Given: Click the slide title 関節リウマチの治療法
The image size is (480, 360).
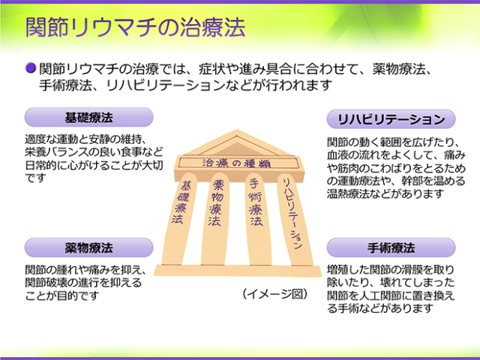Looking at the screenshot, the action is (135, 27).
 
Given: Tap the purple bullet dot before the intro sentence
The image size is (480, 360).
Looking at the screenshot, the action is (31, 68).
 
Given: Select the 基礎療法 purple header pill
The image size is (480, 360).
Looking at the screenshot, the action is (88, 117).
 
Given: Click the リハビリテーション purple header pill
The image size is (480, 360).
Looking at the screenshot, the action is (391, 119).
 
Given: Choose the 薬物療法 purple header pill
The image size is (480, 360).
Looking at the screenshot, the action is (88, 247).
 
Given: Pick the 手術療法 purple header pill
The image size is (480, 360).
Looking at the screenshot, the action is (391, 247).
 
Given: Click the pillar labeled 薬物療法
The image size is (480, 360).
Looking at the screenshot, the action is (215, 219).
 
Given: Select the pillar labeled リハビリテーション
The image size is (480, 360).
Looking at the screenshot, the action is (294, 219).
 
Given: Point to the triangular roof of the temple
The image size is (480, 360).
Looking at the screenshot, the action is (236, 143).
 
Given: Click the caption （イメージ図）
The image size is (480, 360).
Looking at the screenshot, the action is (274, 294).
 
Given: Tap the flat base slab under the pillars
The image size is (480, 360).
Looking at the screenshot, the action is (238, 270).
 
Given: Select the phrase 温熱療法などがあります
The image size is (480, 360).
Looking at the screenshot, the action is (385, 193).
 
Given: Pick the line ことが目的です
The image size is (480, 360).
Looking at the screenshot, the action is (62, 295).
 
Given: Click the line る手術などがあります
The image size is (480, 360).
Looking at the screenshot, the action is (380, 308).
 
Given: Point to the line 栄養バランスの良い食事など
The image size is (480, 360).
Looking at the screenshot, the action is (94, 152).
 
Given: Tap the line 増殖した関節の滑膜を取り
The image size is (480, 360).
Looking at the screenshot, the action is (390, 270).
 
